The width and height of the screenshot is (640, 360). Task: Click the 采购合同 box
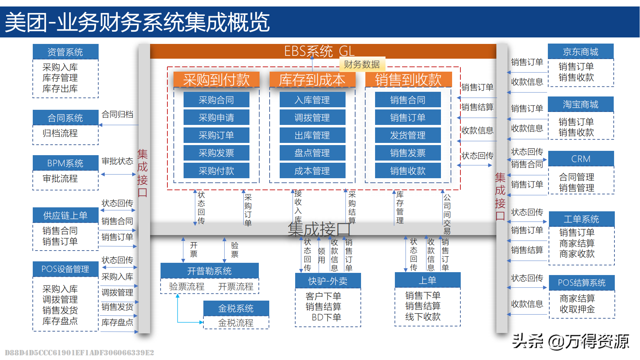216,100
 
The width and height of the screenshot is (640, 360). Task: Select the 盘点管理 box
312,153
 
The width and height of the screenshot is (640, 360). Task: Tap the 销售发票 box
408,153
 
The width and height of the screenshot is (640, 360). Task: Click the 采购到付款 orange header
216,80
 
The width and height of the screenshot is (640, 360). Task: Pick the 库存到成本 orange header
312,80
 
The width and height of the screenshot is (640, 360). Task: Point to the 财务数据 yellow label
362,64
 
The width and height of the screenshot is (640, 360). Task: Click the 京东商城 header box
581,52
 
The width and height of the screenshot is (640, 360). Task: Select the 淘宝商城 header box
581,104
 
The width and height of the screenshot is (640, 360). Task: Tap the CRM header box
581,159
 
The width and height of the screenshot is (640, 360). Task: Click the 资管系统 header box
65,52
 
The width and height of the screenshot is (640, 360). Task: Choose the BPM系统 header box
65,163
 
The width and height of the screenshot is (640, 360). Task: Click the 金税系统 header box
236,308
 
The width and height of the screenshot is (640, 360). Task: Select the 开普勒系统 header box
209,271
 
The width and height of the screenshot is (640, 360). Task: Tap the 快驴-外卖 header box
328,281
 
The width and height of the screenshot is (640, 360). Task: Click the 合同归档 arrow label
117,114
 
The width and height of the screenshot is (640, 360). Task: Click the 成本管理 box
312,171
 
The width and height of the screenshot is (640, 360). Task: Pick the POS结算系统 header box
582,283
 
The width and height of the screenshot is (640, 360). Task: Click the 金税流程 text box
236,323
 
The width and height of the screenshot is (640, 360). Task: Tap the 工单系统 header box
581,219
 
